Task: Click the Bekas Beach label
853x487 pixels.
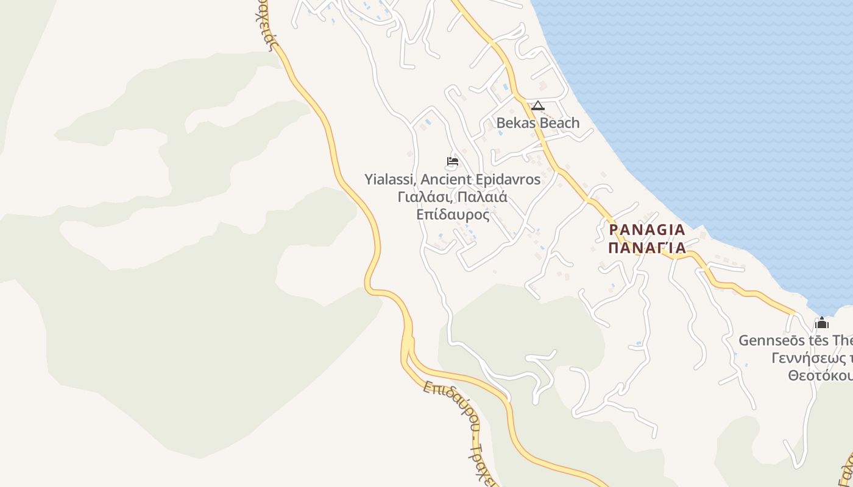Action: [537, 123]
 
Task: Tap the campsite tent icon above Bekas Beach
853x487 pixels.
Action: [537, 106]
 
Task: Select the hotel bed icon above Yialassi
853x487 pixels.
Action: [452, 161]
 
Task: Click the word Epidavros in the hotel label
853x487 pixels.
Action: [511, 180]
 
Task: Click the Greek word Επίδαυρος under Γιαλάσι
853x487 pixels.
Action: [453, 215]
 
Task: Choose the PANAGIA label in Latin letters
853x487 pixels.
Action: [647, 230]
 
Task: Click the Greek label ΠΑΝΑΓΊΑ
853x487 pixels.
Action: [647, 248]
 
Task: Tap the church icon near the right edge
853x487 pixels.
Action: [821, 323]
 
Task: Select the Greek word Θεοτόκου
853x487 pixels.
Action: [819, 376]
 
